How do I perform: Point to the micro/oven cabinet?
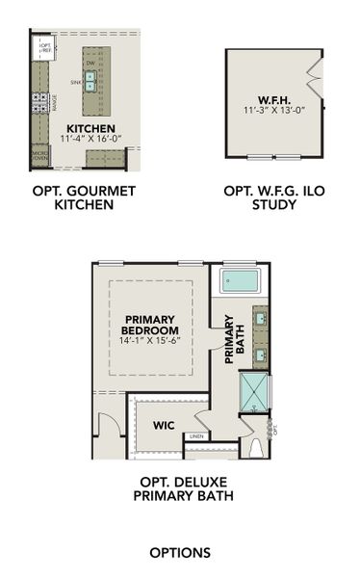[x=40, y=154]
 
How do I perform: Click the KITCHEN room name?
[x=90, y=128]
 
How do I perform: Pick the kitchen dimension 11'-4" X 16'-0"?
[x=90, y=139]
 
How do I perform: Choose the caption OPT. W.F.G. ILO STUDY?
[x=274, y=197]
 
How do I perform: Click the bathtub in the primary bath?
[x=240, y=281]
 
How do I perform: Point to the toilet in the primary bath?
[x=257, y=447]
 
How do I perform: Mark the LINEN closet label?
[x=196, y=436]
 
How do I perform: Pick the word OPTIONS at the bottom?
[x=180, y=552]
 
